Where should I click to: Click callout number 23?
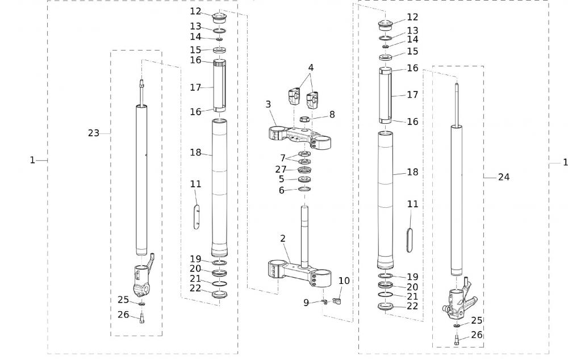coord(93,133)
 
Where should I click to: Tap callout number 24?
coord(504,177)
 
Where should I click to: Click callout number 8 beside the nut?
coord(332,114)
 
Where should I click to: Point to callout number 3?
coord(268,104)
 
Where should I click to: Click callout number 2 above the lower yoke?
coord(282,238)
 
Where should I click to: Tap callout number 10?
coord(344,281)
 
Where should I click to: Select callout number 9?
coord(306,303)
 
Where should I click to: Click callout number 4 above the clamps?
coord(311,66)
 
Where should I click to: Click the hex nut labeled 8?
coord(304,120)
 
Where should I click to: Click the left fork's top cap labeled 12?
coord(219,16)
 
